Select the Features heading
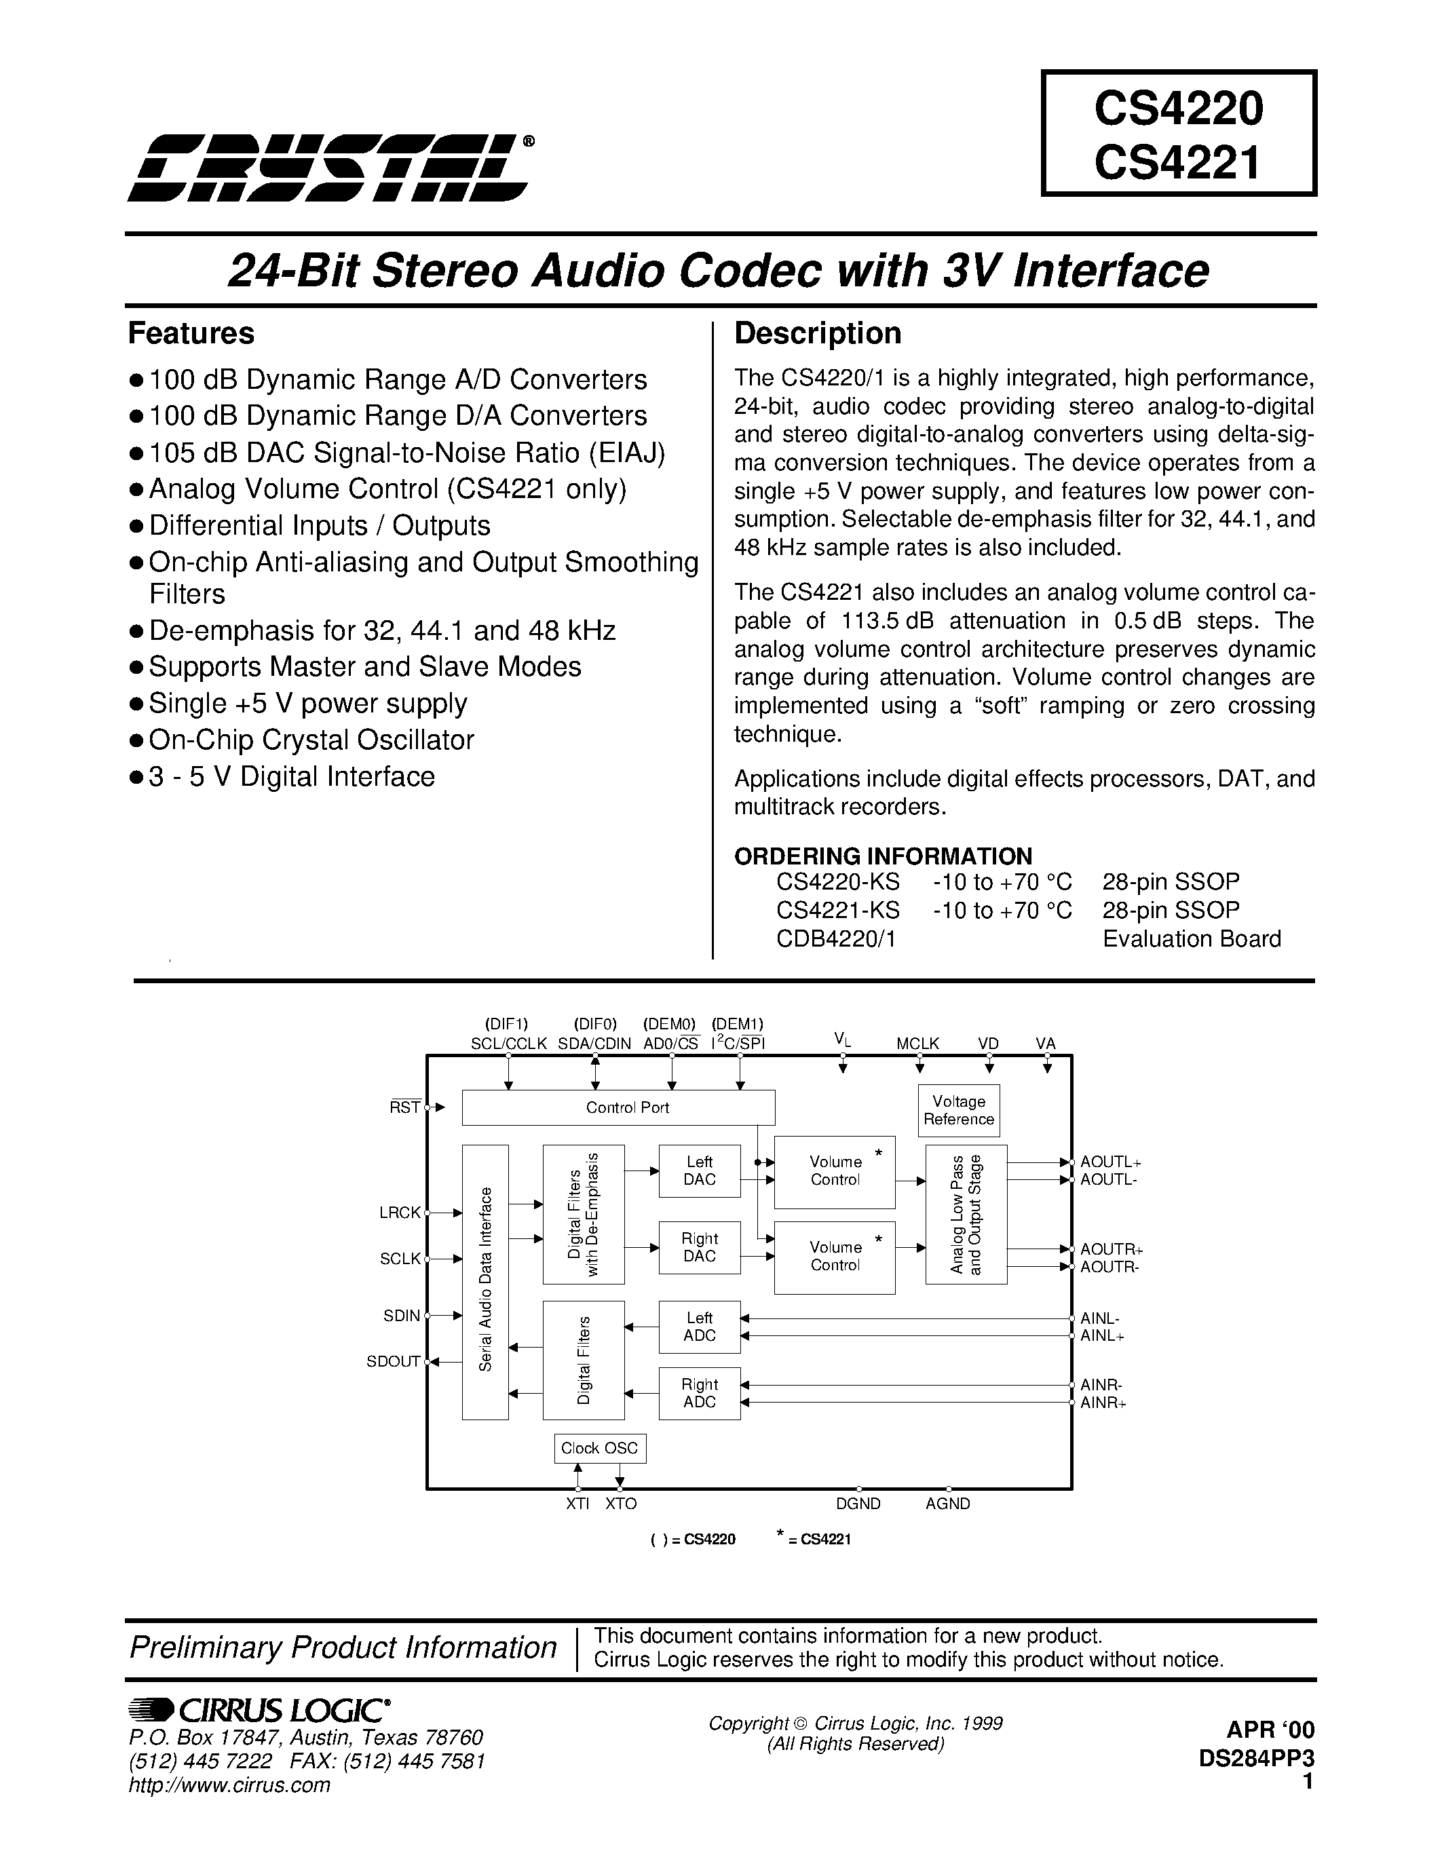(x=191, y=333)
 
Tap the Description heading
(x=818, y=333)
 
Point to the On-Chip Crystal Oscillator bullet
(x=311, y=740)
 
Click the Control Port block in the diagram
(x=618, y=1107)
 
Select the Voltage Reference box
(x=958, y=1111)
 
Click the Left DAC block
(x=699, y=1170)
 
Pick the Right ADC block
(x=699, y=1392)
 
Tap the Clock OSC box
(x=600, y=1448)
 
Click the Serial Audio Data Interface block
(x=485, y=1282)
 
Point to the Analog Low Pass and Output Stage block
(x=966, y=1214)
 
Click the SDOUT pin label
(x=393, y=1362)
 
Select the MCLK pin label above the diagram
(x=917, y=1043)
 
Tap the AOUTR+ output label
(x=1112, y=1249)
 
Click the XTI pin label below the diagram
(x=577, y=1504)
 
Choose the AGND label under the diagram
(x=947, y=1504)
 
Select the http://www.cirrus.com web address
(x=229, y=1785)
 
